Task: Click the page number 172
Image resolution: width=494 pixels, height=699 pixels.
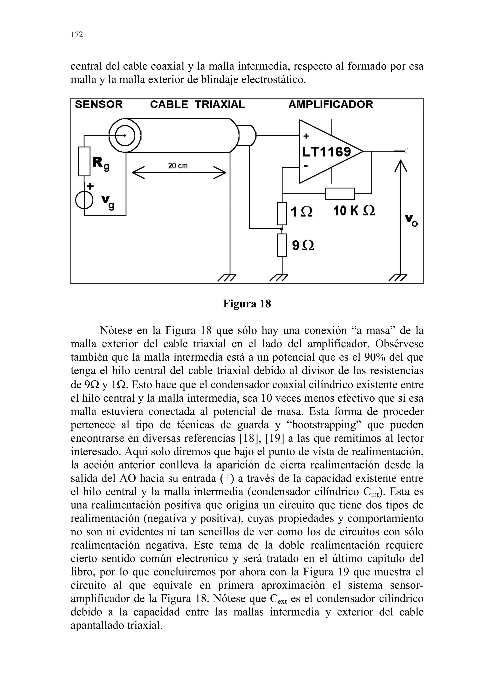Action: point(77,34)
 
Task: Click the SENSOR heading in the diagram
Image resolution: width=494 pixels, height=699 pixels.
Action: point(99,104)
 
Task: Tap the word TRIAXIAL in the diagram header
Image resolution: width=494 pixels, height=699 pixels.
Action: point(220,104)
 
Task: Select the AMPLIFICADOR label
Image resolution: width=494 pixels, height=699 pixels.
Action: point(330,104)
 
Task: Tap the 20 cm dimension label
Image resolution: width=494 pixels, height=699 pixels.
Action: point(178,166)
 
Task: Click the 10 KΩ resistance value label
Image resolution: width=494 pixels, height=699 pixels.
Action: point(354,211)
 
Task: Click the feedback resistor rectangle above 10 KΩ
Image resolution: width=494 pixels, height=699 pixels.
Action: point(339,194)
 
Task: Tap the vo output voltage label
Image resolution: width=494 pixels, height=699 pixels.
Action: point(411,220)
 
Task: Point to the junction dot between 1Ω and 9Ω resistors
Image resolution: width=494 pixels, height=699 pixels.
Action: point(282,228)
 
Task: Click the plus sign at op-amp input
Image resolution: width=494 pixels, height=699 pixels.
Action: point(306,136)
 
